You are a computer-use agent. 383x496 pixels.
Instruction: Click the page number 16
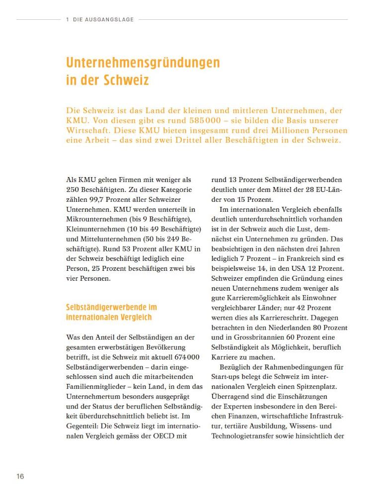(20, 477)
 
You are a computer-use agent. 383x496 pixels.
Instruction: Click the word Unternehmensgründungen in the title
(143, 63)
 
